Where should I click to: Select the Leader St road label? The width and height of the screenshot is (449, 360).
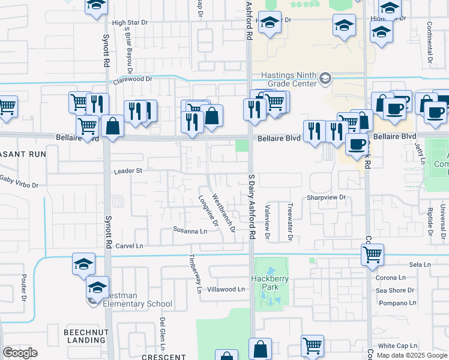pyautogui.click(x=127, y=171)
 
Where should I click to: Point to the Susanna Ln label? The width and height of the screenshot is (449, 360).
pyautogui.click(x=190, y=230)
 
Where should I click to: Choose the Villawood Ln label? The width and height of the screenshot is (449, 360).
pyautogui.click(x=226, y=289)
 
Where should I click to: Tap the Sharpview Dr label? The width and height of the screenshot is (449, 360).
pyautogui.click(x=327, y=197)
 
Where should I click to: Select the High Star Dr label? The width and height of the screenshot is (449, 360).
pyautogui.click(x=130, y=23)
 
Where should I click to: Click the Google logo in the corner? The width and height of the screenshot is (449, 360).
pyautogui.click(x=20, y=353)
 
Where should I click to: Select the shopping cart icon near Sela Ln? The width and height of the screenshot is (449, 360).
pyautogui.click(x=372, y=254)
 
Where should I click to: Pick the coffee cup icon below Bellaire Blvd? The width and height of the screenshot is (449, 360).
pyautogui.click(x=357, y=144)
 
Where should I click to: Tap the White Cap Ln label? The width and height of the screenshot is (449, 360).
pyautogui.click(x=397, y=346)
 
